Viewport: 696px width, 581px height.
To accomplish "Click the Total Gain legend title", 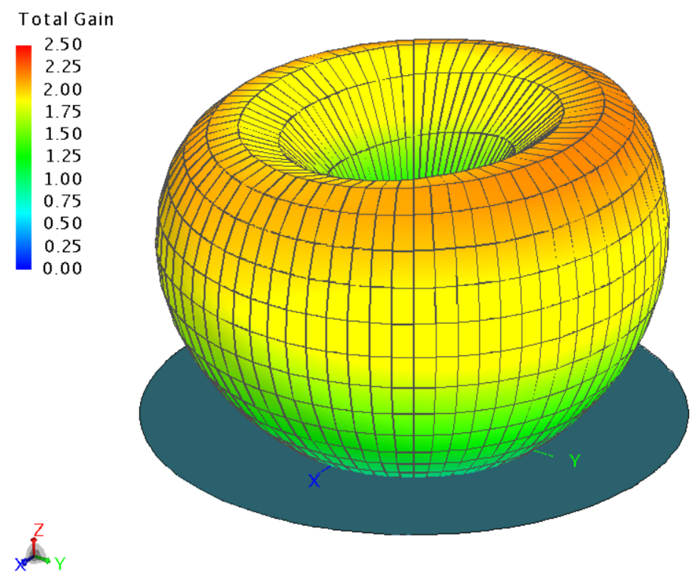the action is pos(66,19).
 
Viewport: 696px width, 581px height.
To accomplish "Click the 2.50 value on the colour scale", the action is pos(63,44).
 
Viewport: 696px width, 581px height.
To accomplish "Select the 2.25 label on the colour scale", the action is pos(63,67).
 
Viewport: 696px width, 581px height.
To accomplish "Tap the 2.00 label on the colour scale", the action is pos(63,89).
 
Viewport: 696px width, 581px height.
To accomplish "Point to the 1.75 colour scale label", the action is pos(63,111).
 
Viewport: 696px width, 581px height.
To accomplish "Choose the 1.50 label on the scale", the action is pos(63,134).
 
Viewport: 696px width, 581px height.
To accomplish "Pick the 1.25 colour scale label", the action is pos(63,156).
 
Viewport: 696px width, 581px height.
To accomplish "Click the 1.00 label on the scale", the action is pos(63,179).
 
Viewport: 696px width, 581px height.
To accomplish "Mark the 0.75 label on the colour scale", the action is pos(63,201).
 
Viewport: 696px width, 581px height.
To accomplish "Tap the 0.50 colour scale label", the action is pos(63,223).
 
